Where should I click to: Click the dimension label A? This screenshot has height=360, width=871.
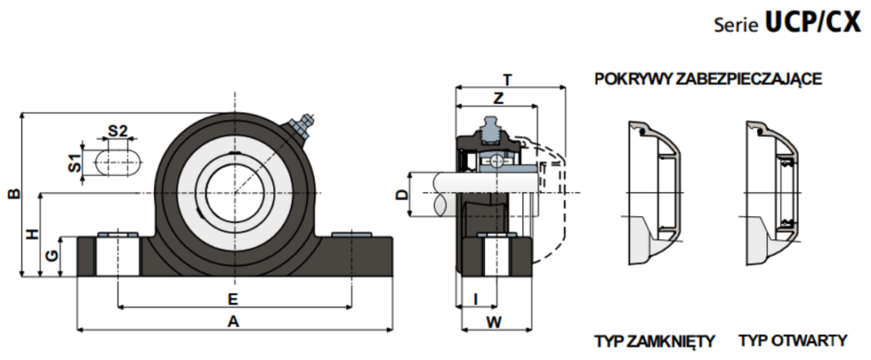[x=233, y=321]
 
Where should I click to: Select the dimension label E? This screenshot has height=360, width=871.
[x=233, y=300]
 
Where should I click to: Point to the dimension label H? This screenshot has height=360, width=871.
[x=33, y=234]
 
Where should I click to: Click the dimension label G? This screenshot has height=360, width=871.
[x=51, y=255]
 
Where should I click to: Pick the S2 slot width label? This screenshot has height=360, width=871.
[x=117, y=131]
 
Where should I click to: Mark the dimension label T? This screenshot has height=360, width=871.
[x=507, y=81]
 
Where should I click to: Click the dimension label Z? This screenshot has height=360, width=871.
[x=498, y=99]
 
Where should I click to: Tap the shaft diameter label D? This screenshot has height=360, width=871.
[x=401, y=194]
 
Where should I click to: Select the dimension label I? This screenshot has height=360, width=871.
[x=475, y=300]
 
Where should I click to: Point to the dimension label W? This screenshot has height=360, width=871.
[x=494, y=321]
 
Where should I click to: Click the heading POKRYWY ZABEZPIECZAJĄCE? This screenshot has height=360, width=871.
[x=709, y=79]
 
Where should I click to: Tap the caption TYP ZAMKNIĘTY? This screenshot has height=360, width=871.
[x=654, y=340]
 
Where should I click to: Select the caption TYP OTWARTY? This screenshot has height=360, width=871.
[x=794, y=340]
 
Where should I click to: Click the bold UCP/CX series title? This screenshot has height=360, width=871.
[x=813, y=23]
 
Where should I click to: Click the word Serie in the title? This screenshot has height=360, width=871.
[x=737, y=26]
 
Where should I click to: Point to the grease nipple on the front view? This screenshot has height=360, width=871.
[x=303, y=126]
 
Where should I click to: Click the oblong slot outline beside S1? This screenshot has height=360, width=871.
[x=118, y=163]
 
